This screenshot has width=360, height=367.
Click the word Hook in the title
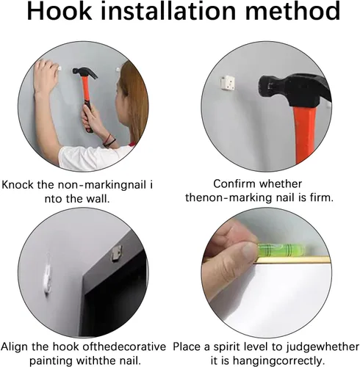click(60, 11)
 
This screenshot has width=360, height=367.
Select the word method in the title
click(292, 11)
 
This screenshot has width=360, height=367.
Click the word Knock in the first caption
click(18, 184)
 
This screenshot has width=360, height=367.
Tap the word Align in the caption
click(15, 346)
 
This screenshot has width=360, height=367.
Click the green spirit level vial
click(281, 250)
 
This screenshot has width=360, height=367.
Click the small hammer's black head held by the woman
click(84, 72)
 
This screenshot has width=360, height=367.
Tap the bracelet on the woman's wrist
click(109, 141)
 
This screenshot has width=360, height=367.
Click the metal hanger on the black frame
click(116, 255)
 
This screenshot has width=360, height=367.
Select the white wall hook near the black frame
click(48, 277)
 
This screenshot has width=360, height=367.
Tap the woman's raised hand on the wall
click(46, 75)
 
